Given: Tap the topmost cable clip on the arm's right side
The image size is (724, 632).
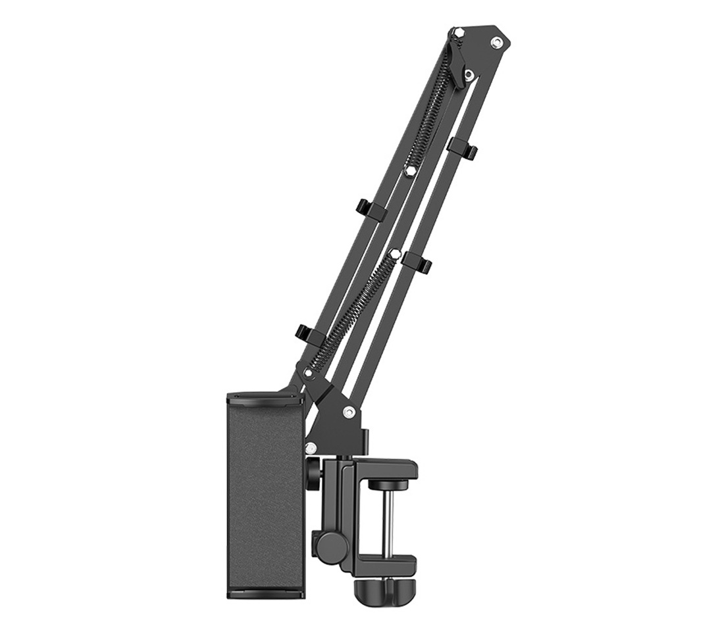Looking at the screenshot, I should pyautogui.click(x=462, y=148).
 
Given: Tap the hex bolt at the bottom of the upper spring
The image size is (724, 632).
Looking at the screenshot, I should pyautogui.click(x=409, y=171).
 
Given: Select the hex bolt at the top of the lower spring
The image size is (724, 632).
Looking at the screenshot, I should pyautogui.click(x=394, y=253).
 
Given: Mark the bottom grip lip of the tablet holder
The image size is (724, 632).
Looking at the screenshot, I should pyautogui.click(x=265, y=593).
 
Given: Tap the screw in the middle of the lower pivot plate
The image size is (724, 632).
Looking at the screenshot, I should pyautogui.click(x=348, y=412).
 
